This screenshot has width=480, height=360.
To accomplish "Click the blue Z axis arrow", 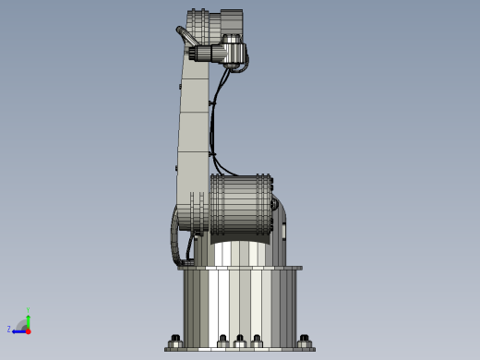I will coord(18,330).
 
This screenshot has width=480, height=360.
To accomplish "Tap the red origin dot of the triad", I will coord(28,330).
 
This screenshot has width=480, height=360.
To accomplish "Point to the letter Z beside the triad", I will coord(9,329).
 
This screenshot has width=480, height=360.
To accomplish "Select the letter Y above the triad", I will coord(28,310).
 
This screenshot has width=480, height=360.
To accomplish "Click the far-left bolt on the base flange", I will coord(175,340).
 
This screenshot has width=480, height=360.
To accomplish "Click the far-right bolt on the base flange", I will coord(304,340).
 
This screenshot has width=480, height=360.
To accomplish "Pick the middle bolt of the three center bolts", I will coord(240,340).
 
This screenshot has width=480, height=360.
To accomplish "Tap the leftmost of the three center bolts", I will coord(222,340).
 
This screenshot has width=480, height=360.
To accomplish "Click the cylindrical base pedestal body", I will coord(240,305).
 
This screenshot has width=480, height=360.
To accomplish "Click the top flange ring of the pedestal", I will coord(240,268).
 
